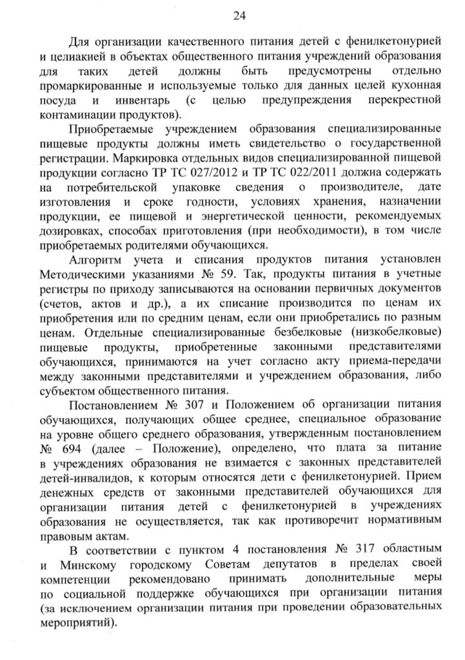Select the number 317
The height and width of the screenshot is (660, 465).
coord(366,552)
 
